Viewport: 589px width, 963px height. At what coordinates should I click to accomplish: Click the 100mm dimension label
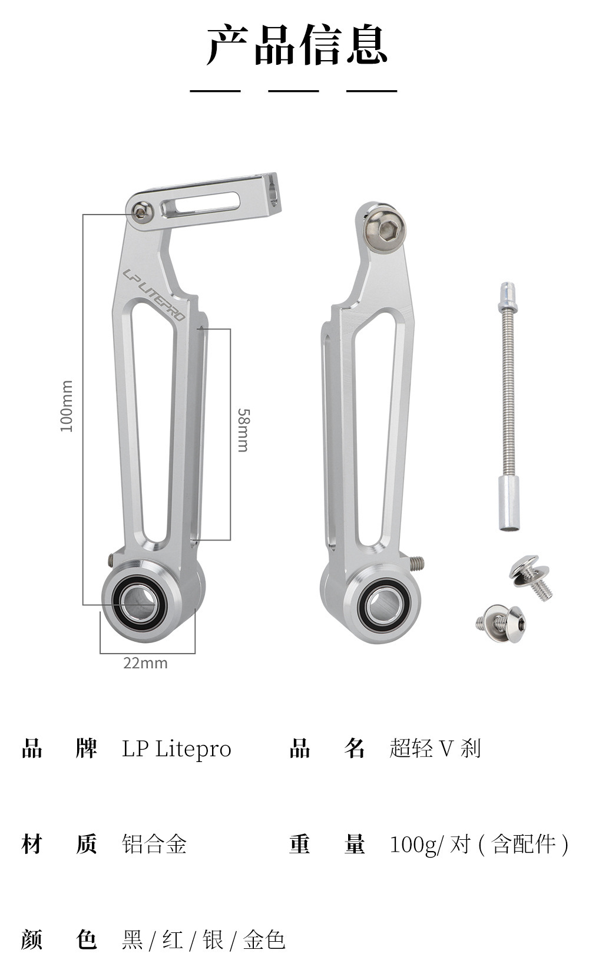click(67, 406)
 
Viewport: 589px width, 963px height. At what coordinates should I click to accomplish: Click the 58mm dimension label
click(243, 430)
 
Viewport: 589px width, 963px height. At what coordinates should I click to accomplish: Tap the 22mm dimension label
click(145, 664)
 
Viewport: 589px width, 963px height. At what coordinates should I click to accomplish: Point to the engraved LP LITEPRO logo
click(153, 294)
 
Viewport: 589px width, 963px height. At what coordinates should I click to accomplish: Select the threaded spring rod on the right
click(508, 407)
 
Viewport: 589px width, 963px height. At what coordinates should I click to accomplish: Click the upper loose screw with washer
click(531, 577)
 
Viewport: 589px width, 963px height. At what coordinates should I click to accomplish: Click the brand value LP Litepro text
click(177, 749)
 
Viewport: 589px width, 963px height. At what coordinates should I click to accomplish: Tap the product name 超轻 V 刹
click(435, 748)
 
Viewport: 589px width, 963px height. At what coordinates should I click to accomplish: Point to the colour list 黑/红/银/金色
click(204, 940)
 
